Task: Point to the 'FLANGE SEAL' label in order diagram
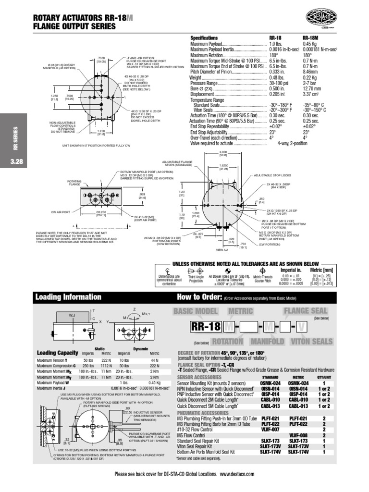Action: pos(307,311)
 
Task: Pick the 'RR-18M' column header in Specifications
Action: pos(311,38)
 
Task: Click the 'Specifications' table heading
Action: pos(204,38)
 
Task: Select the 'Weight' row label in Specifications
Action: pos(196,77)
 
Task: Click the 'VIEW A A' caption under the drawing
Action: pos(222,250)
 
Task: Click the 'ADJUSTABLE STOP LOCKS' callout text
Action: pos(271,175)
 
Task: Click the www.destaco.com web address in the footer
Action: pos(237,474)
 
